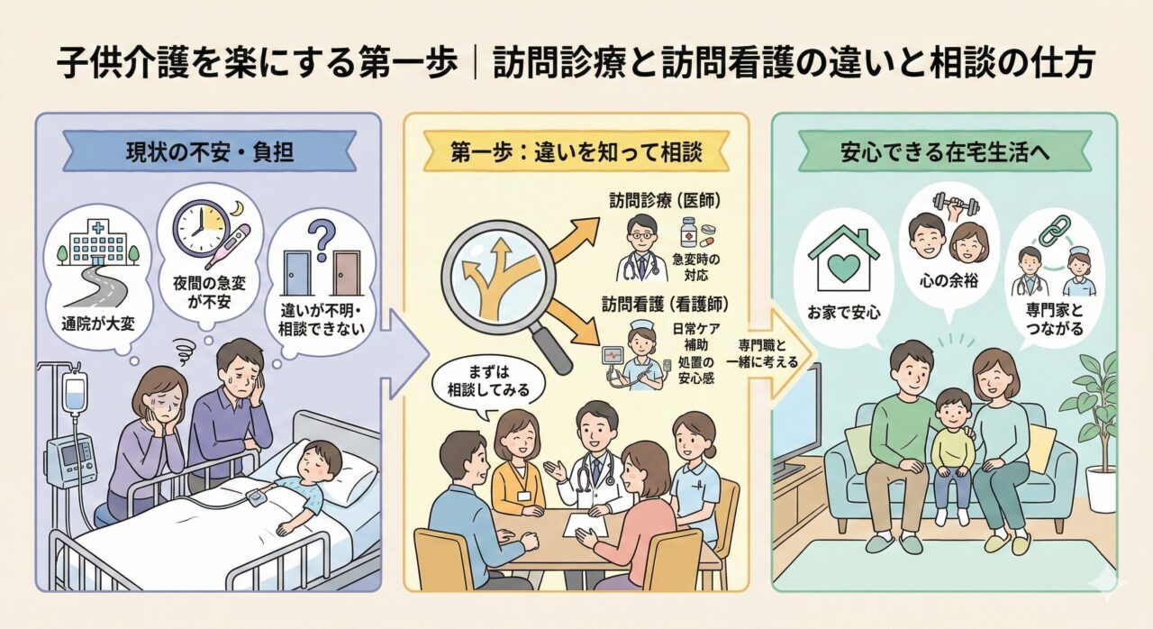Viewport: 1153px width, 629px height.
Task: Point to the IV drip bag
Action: click(76, 397)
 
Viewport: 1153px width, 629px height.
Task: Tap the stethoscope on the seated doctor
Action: click(595, 473)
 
